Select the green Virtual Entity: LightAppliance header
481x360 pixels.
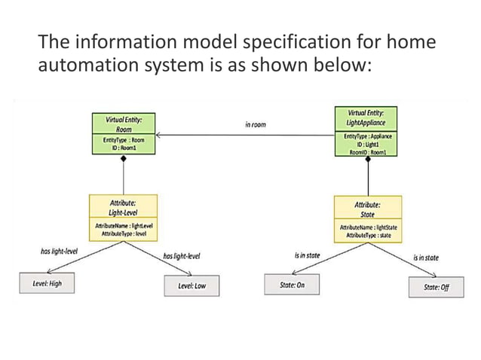(367, 117)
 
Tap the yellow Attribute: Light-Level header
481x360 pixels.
(124, 209)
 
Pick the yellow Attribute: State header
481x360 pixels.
(368, 209)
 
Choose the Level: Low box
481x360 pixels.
(191, 285)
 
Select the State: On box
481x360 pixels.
(292, 285)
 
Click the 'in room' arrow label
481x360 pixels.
(256, 124)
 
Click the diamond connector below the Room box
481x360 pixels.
(124, 160)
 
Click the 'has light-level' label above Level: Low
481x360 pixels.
(182, 256)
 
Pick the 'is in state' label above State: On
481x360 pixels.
(307, 255)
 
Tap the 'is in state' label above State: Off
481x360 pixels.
(427, 258)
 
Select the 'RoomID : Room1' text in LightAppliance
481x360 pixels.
(368, 151)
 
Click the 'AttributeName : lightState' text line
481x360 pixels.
(368, 227)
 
